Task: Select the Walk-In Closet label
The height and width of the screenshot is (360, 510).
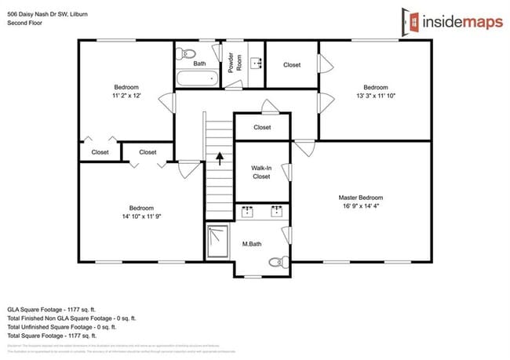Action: coord(261,172)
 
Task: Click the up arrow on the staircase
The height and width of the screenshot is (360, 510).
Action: coord(220,158)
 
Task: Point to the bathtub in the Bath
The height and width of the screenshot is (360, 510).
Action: coord(197,78)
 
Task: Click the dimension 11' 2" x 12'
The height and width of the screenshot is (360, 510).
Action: coord(126,96)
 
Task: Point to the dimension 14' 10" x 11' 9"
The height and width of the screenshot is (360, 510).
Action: coord(140,216)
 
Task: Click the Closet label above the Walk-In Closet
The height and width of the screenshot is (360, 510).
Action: coord(262,127)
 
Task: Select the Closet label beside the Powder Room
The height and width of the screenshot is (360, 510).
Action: coord(291,64)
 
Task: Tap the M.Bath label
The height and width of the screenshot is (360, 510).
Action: coord(251,245)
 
